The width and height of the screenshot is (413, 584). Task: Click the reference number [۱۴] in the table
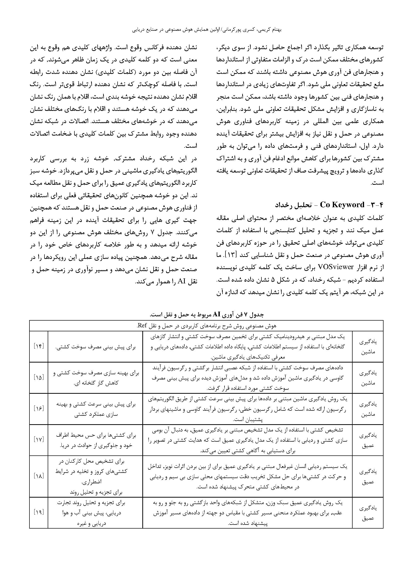(x=39, y=347)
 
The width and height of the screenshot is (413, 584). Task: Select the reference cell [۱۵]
(x=39, y=378)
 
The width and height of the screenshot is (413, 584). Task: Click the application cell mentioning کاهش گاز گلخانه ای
(x=95, y=378)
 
